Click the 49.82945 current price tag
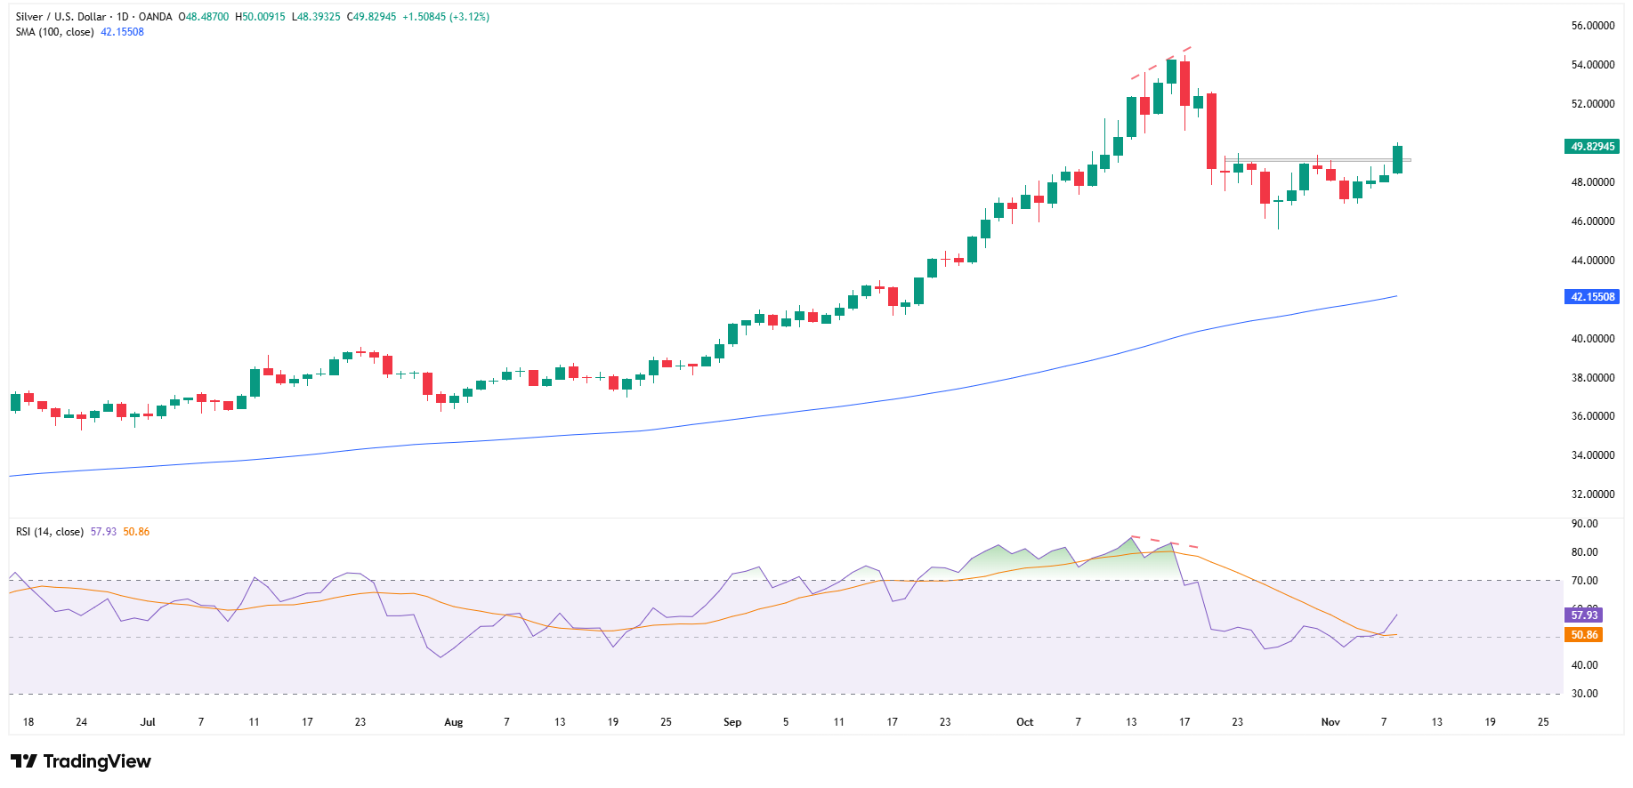click(1592, 147)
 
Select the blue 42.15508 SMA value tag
click(1592, 297)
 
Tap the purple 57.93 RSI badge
click(1583, 615)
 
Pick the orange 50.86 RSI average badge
click(1583, 635)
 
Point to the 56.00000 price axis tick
click(1592, 26)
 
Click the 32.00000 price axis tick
click(1592, 495)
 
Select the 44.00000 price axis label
click(1592, 261)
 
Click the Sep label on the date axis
click(732, 722)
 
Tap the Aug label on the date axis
click(454, 722)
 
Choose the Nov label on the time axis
click(1330, 722)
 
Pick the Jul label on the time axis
click(148, 722)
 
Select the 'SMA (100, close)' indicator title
click(54, 32)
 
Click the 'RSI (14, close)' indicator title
click(50, 532)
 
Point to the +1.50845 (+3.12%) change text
click(445, 17)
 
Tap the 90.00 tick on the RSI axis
click(1584, 524)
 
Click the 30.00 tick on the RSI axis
click(1584, 694)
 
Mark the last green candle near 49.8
click(1398, 160)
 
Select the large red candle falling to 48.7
click(1211, 131)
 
